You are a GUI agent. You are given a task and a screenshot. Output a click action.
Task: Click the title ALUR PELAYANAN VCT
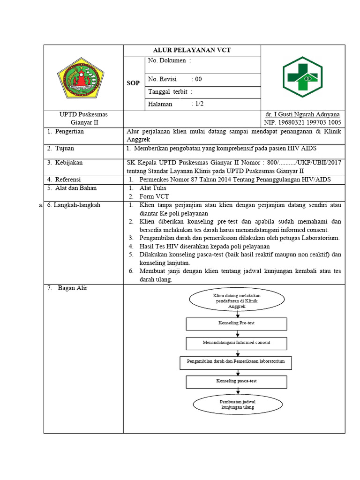192,51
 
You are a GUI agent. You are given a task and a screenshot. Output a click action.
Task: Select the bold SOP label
134,83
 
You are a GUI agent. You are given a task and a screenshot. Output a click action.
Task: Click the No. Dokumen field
169,61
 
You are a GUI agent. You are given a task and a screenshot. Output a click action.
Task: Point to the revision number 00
198,79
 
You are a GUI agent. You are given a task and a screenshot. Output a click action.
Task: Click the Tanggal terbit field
170,92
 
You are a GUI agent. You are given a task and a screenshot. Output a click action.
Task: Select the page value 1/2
198,104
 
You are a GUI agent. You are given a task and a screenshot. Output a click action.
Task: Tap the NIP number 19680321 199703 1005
300,122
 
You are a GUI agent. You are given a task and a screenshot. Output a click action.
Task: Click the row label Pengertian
69,132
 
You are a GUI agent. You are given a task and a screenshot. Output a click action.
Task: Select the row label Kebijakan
69,163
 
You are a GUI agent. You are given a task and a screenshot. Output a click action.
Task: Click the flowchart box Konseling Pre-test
236,324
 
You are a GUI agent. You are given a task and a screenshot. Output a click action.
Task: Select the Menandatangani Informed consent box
236,343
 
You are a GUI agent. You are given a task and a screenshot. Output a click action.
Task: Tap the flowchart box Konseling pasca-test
236,382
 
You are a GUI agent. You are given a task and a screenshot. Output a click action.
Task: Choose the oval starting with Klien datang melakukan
237,300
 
